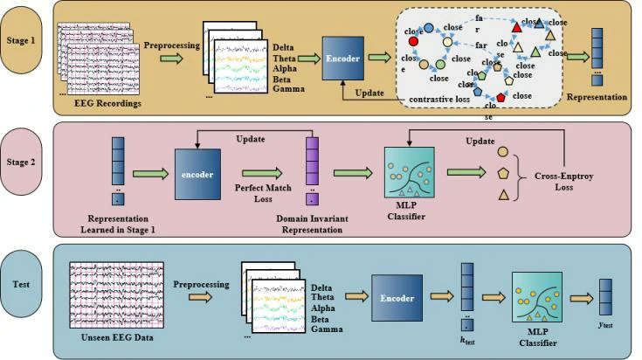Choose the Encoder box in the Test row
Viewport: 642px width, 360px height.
tap(397, 299)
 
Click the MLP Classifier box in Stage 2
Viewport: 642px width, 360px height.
tap(410, 172)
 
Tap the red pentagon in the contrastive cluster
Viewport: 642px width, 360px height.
tap(500, 97)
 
